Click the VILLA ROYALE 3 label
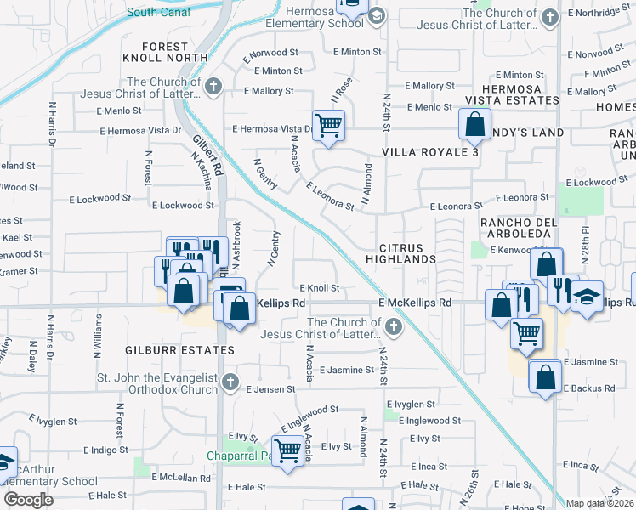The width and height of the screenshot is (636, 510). pos(430,152)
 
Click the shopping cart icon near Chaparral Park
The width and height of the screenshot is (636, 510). pos(287,449)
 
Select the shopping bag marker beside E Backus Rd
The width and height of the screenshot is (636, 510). pos(544,376)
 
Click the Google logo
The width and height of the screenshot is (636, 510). pos(28,500)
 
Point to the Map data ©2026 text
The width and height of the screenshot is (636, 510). pos(599,503)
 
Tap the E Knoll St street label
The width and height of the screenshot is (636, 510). pos(319,288)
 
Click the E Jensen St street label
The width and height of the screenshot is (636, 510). pos(270,389)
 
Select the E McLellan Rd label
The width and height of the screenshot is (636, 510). pos(181,478)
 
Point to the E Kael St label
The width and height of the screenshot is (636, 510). pos(17,237)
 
